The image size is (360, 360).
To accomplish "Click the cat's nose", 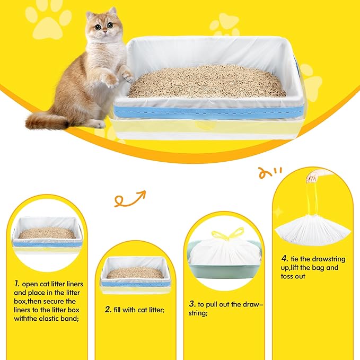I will click(x=104, y=33).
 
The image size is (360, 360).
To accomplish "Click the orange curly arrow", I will click(x=129, y=199).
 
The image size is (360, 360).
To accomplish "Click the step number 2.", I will click(x=108, y=309).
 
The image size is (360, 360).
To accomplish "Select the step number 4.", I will click(x=285, y=259).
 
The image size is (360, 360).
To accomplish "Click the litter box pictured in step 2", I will click(x=135, y=275).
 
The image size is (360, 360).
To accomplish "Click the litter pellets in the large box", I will click(x=207, y=82).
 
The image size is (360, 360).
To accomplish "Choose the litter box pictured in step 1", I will click(x=47, y=235).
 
